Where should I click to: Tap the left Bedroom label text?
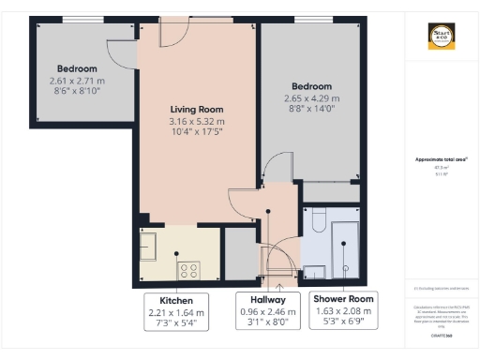point(77,68)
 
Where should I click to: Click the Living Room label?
point(196,109)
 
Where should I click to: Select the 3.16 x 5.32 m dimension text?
point(196,122)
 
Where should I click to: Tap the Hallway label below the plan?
point(266,300)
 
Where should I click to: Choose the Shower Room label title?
point(342,299)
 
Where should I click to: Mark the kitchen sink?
point(148,247)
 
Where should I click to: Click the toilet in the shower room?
point(316,222)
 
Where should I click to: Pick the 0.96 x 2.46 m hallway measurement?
point(266,312)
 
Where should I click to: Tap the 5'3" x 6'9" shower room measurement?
point(342,323)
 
